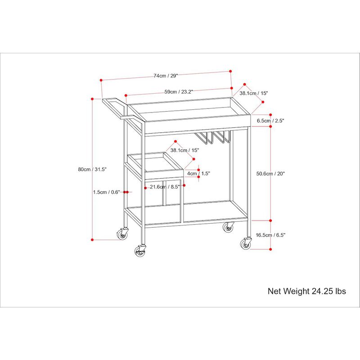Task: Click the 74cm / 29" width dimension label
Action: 166,76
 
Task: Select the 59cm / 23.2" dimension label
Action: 179,92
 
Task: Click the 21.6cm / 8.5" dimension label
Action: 164,187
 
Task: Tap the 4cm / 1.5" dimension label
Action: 198,173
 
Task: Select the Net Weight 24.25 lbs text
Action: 307,291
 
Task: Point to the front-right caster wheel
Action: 246,243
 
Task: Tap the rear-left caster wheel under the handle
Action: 122,234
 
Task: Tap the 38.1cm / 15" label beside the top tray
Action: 254,94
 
